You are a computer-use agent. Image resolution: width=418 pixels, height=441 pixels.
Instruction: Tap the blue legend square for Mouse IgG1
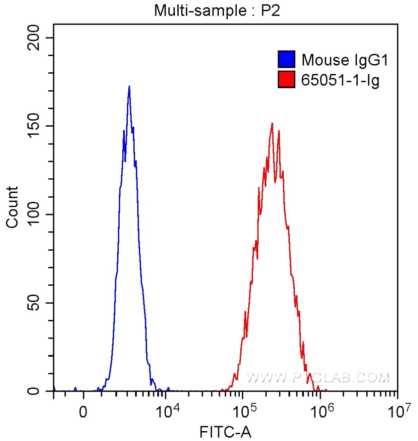pyautogui.click(x=286, y=60)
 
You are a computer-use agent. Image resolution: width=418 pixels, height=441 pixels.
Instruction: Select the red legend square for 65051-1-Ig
pyautogui.click(x=286, y=80)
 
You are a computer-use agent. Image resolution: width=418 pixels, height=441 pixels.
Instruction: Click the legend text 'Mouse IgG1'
pyautogui.click(x=345, y=60)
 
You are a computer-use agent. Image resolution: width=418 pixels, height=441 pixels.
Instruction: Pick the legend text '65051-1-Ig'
pyautogui.click(x=340, y=80)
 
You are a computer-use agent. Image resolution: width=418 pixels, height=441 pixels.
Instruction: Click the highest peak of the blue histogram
pyautogui.click(x=129, y=87)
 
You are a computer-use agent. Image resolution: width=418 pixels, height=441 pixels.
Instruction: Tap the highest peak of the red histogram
pyautogui.click(x=272, y=124)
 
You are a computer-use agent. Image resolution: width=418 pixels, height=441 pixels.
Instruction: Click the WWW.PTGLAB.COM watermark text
pyautogui.click(x=317, y=378)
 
